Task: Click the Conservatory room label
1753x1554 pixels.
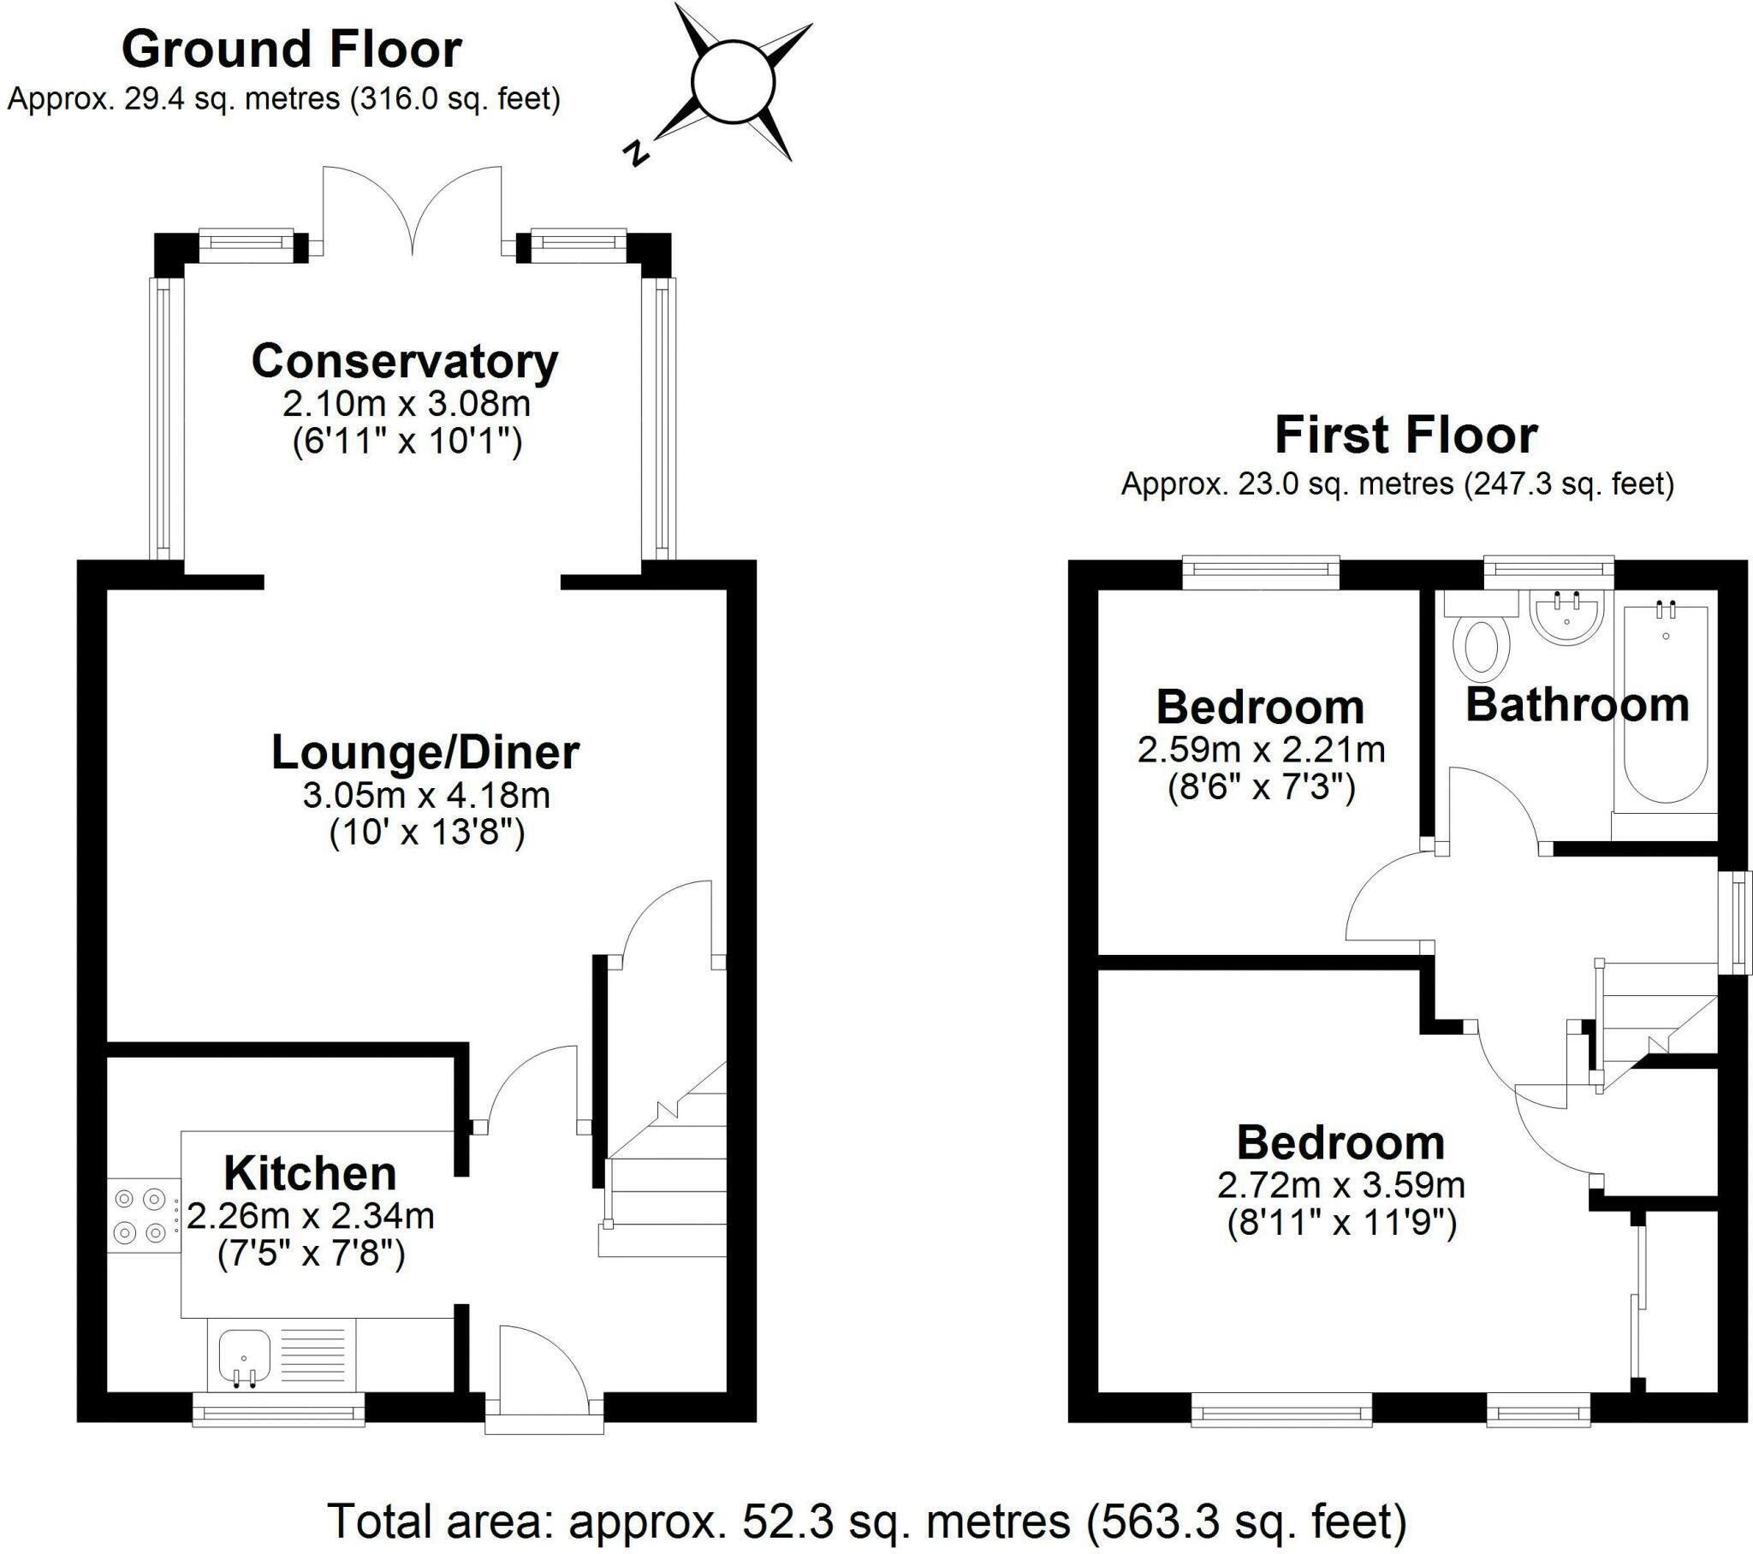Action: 404,361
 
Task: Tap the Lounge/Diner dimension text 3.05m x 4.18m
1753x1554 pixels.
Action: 426,796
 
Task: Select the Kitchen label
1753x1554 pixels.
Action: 310,1173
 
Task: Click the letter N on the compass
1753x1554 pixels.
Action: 635,152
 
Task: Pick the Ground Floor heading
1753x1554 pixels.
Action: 292,50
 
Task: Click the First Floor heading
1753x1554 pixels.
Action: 1405,436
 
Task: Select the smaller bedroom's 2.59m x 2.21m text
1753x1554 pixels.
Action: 1261,750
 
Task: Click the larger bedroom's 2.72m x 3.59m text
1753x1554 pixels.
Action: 1340,1185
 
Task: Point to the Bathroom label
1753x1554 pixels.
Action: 1578,705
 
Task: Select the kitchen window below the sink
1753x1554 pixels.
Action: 278,1409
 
